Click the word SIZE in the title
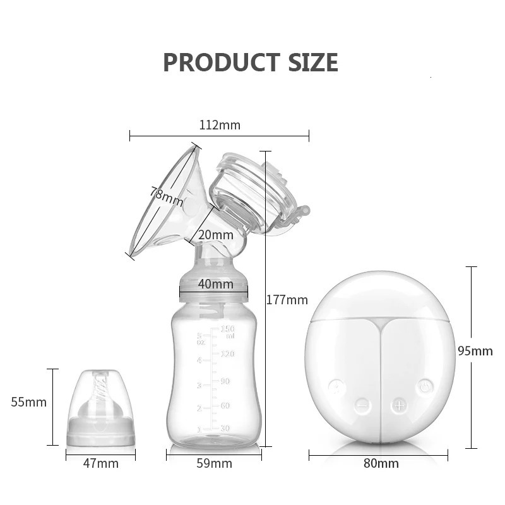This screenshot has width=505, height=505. pyautogui.click(x=310, y=62)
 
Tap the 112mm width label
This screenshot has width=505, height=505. pyautogui.click(x=220, y=125)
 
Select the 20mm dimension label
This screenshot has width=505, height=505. pyautogui.click(x=215, y=235)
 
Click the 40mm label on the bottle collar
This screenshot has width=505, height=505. pyautogui.click(x=215, y=284)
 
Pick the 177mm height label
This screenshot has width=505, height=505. pyautogui.click(x=287, y=300)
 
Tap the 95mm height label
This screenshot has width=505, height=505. pyautogui.click(x=475, y=351)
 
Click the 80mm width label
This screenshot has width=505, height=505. pyautogui.click(x=381, y=464)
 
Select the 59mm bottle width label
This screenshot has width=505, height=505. pyautogui.click(x=214, y=464)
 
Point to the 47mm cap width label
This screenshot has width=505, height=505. pyautogui.click(x=101, y=464)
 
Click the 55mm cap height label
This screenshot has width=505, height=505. pyautogui.click(x=29, y=402)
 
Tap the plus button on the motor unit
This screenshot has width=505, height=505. pyautogui.click(x=399, y=405)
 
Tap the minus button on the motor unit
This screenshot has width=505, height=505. pyautogui.click(x=362, y=405)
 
